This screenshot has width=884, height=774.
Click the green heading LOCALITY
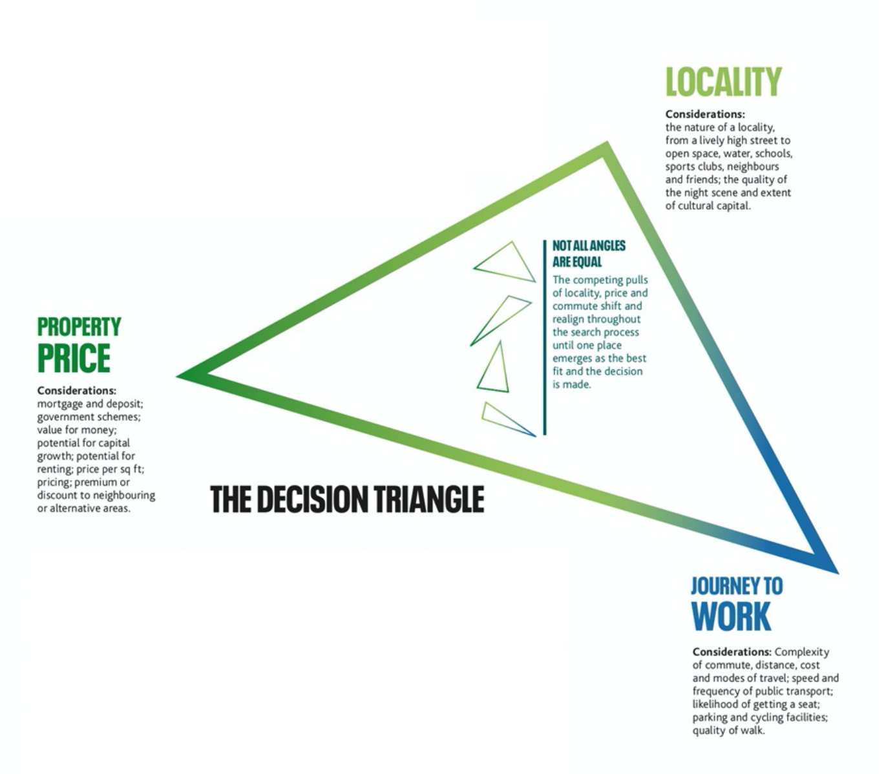(x=723, y=83)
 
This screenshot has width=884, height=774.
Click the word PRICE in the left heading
(x=74, y=359)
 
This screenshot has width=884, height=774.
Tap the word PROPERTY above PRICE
(x=79, y=327)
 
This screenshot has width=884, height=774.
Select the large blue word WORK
(x=731, y=617)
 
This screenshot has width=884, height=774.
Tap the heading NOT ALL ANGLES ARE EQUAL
(x=589, y=253)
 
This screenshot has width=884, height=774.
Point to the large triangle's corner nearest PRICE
(x=182, y=375)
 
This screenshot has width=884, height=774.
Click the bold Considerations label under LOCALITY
(x=705, y=114)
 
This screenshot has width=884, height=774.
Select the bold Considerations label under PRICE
(x=76, y=391)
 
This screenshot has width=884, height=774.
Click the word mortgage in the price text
(x=60, y=404)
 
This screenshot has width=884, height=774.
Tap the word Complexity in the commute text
(x=802, y=653)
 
